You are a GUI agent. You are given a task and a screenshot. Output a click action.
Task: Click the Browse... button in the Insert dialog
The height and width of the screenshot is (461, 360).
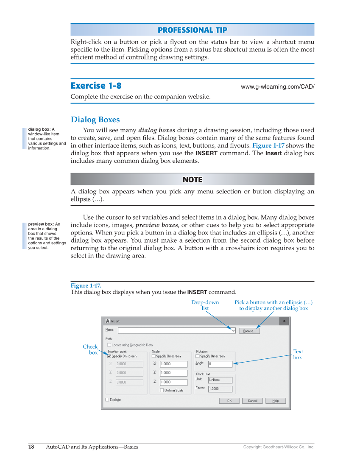249,331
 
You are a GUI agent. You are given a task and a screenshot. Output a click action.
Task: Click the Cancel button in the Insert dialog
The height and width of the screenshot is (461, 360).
252,401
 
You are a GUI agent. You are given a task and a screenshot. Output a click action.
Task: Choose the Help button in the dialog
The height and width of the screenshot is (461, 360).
276,401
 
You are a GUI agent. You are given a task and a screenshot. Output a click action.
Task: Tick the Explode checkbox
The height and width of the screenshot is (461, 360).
107,400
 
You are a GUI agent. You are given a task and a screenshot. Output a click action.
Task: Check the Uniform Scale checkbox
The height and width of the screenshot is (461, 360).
162,390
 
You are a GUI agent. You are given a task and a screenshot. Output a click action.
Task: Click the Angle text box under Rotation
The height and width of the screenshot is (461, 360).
220,364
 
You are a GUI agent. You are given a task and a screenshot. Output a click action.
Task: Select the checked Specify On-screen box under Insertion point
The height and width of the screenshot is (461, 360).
109,356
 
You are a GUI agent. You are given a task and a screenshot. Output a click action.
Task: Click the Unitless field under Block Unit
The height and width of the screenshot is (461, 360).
220,380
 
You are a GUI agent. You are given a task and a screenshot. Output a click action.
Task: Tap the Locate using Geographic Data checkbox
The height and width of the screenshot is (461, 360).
109,345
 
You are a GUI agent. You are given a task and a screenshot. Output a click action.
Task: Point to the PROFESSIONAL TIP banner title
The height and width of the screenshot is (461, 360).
192,30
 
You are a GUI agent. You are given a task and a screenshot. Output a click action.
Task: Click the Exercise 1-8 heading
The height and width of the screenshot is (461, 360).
96,86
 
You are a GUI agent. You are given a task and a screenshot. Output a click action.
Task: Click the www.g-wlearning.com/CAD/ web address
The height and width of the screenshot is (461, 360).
277,87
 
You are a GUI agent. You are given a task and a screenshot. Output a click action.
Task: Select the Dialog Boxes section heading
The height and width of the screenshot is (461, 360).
95,120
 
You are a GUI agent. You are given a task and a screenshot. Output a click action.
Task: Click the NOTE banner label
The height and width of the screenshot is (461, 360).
192,179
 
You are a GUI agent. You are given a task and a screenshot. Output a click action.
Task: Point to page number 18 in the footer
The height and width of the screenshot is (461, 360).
31,447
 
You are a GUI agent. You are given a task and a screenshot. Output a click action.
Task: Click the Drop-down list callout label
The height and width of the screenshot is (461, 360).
205,305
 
